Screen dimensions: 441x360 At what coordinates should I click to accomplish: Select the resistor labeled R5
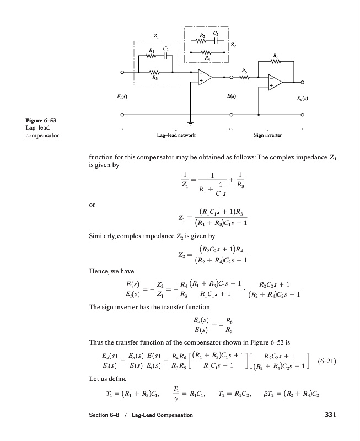[244, 76]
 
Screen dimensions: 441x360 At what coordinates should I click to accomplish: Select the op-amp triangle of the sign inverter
[275, 83]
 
